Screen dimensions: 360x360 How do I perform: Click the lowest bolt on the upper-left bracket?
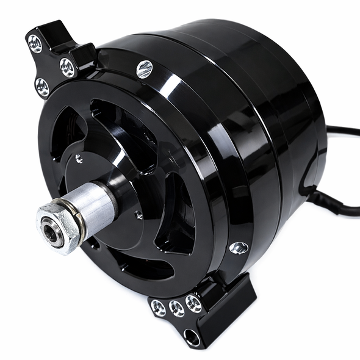pos(42,87)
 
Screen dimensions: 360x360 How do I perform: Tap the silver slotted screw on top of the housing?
pos(144,69)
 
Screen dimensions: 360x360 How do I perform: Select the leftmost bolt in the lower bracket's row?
pos(158,309)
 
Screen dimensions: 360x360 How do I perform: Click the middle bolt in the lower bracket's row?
pos(176,307)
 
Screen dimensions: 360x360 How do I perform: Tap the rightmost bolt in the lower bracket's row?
pos(193,303)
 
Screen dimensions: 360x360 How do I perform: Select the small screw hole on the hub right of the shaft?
pos(139,215)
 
